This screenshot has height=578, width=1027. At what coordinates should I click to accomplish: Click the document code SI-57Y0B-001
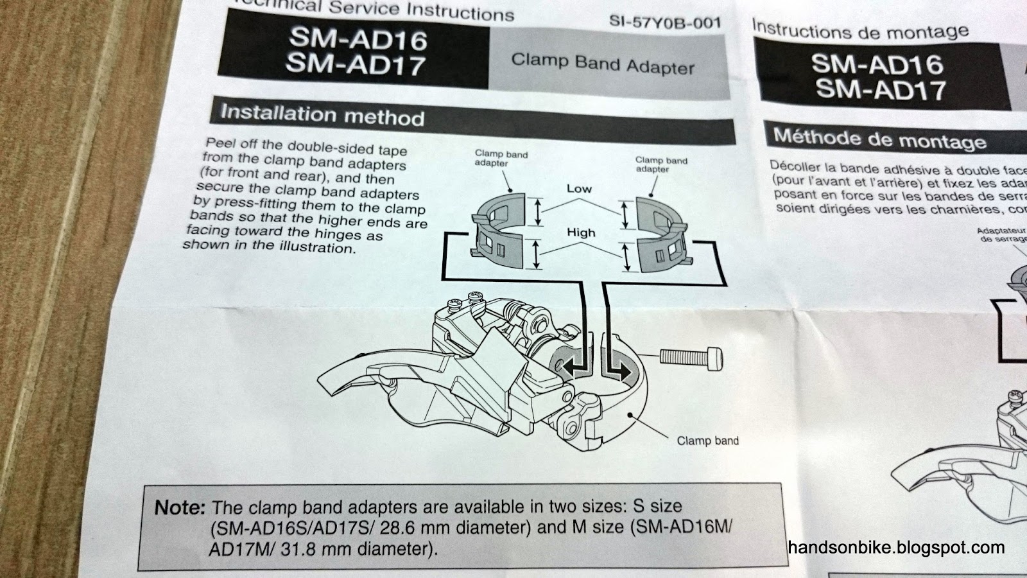point(664,23)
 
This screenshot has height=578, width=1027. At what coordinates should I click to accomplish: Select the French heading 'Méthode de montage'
point(879,139)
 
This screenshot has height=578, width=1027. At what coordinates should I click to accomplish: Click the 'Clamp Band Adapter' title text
point(603,64)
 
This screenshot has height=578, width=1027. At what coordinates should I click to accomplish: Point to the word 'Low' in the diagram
point(579,189)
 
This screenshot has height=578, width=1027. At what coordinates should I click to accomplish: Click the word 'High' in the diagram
point(581,232)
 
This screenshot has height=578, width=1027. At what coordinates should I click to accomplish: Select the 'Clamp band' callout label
point(707,441)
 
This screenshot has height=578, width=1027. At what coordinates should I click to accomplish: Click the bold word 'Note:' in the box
point(180,507)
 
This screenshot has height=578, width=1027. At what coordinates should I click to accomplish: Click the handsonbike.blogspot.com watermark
point(896,548)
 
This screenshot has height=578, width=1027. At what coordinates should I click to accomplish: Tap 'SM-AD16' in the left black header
point(358,39)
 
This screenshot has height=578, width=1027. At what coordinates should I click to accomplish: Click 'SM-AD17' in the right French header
point(881,90)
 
